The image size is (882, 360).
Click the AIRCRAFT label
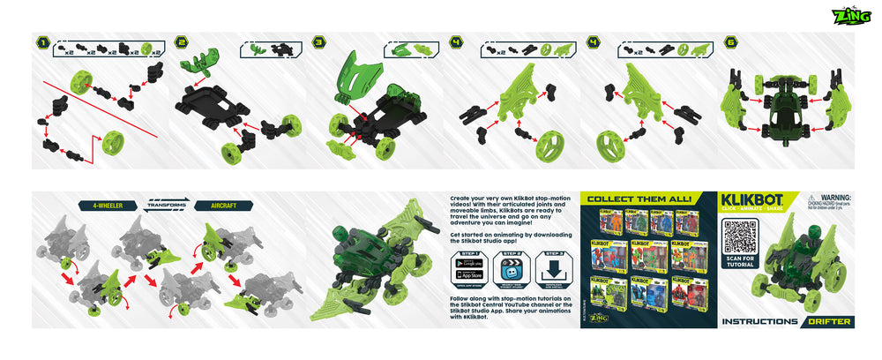221,206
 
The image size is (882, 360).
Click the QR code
740,236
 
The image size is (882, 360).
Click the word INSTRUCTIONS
759,321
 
